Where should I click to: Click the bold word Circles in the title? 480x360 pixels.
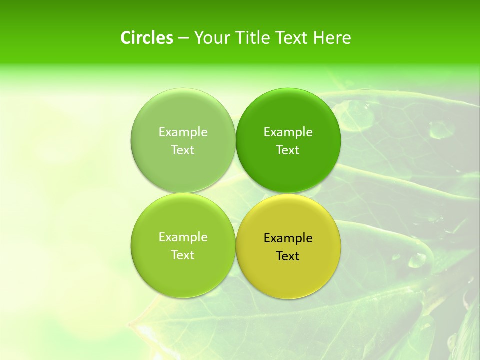point(147,38)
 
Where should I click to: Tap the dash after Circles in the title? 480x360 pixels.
point(183,38)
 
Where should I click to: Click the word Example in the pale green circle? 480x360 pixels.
point(183,132)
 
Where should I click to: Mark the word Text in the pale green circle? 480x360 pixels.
point(183,150)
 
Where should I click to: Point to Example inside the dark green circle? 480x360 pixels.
point(288,132)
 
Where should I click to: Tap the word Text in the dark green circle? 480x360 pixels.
point(288,150)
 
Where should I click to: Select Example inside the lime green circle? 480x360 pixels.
point(183,237)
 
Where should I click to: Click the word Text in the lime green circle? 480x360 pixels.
point(183,255)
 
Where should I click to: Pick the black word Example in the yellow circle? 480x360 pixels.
point(288,238)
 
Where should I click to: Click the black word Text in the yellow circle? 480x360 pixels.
point(288,256)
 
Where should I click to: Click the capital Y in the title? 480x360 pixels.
point(198,38)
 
